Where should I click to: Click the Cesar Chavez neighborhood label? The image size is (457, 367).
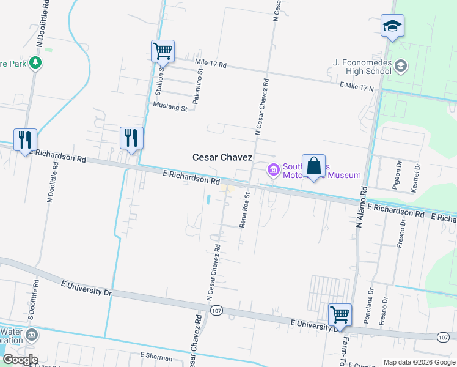pos(222,157)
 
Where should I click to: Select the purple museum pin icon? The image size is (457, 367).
pos(272,169)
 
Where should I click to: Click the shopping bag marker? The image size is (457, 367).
pos(313,166)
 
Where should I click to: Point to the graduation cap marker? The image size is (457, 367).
pos(392,26)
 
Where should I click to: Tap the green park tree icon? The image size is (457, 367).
pos(36,63)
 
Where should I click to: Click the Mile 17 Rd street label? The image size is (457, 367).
pos(211,64)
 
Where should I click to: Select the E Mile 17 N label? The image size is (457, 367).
pos(356,88)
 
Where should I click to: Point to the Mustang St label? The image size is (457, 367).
pos(170,108)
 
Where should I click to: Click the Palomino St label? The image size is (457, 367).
pos(200,84)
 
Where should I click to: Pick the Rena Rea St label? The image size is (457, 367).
pos(245,210)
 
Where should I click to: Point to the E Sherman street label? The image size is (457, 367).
pos(153,355)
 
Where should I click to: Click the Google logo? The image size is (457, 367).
pos(20,360)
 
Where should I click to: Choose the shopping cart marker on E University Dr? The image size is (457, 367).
pos(340,316)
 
